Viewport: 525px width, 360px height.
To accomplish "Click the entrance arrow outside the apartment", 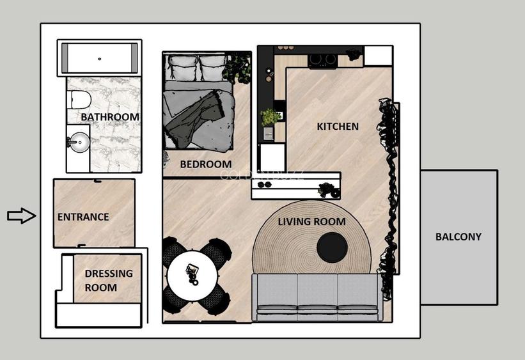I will tap(21, 216).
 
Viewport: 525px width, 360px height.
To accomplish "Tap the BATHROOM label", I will tap(110, 117).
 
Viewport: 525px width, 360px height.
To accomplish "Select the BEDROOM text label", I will tap(205, 164).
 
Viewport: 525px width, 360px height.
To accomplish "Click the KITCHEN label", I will tap(338, 127).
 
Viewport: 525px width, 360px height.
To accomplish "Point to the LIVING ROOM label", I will tap(311, 222).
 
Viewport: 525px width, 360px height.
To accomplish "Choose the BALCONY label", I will tap(458, 237).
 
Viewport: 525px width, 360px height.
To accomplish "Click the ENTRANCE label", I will tap(83, 217).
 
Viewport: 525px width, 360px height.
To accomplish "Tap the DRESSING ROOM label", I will tap(109, 280).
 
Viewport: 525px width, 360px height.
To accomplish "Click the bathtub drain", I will tap(99, 59).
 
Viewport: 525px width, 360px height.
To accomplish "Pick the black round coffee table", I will tap(333, 247).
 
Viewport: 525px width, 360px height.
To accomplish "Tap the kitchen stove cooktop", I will tap(322, 60).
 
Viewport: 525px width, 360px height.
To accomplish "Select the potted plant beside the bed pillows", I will tap(239, 68).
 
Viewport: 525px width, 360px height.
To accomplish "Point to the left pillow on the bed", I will tap(182, 67).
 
